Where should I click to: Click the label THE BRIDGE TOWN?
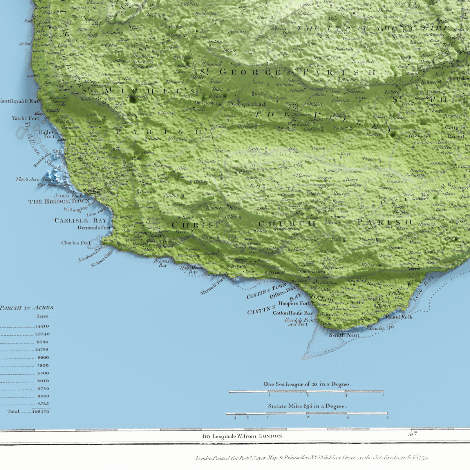tap(56, 201)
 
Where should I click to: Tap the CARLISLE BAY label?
tap(81, 221)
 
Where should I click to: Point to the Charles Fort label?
tap(76, 243)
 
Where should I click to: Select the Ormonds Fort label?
tap(94, 228)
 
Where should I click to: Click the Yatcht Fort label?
tap(25, 118)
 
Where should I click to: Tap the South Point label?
tap(344, 335)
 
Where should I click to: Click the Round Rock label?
tap(399, 316)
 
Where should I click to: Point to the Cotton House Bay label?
tap(293, 313)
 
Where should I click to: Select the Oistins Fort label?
tap(283, 292)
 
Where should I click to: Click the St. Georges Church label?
tap(247, 104)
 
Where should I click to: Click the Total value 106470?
tap(41, 412)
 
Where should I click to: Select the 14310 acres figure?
tap(42, 326)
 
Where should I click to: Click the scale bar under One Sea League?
tap(306, 391)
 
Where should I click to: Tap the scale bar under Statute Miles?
tap(306, 414)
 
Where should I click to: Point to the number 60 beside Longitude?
tap(206, 436)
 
